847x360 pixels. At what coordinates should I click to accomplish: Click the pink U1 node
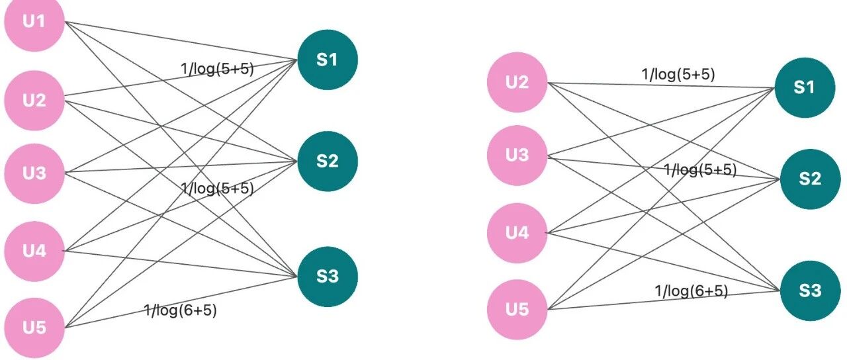[x=34, y=21]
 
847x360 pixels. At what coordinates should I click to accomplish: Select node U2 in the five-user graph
[x=34, y=100]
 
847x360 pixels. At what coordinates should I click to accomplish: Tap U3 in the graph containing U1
[x=34, y=173]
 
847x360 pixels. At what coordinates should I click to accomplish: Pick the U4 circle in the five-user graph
[x=34, y=251]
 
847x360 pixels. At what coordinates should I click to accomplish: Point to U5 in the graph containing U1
[x=34, y=328]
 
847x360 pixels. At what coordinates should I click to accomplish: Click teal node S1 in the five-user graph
[x=328, y=60]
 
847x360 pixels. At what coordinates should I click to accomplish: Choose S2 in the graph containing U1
[x=328, y=161]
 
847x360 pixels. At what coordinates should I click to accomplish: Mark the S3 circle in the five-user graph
[x=328, y=277]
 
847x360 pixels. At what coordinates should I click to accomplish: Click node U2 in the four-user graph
[x=517, y=82]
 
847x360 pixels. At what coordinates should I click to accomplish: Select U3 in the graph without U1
[x=517, y=155]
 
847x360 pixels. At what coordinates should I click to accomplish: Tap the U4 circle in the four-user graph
[x=517, y=233]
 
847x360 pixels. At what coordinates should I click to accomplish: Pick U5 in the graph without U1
[x=517, y=309]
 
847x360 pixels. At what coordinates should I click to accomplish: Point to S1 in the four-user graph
[x=805, y=87]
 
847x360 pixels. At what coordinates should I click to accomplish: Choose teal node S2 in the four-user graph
[x=811, y=179]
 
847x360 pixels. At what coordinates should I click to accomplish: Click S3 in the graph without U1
[x=811, y=291]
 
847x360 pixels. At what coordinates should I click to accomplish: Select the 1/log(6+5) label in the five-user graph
[x=181, y=310]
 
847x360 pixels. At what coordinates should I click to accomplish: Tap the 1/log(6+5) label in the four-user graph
[x=691, y=291]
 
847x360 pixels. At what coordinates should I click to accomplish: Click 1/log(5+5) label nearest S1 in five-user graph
[x=217, y=68]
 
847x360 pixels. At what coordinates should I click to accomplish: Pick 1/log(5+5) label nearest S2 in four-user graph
[x=700, y=170]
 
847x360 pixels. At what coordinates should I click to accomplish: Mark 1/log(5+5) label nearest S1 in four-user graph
[x=678, y=74]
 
